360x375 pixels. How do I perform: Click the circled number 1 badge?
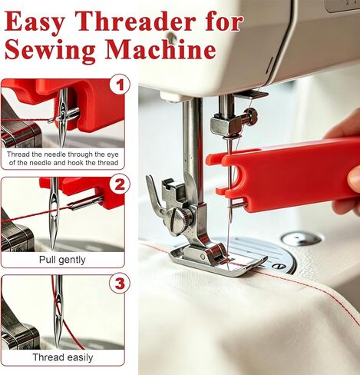tap(120, 85)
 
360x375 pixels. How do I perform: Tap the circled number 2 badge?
tap(120, 184)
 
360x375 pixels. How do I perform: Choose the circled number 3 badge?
tap(120, 284)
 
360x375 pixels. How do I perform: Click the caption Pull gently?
tap(62, 260)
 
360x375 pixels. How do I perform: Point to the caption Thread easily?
tap(63, 357)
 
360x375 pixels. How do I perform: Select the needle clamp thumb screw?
tap(250, 115)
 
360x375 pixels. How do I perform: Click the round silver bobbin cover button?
tap(302, 239)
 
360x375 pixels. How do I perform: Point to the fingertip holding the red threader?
tap(355, 178)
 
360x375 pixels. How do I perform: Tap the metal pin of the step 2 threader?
tap(85, 202)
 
